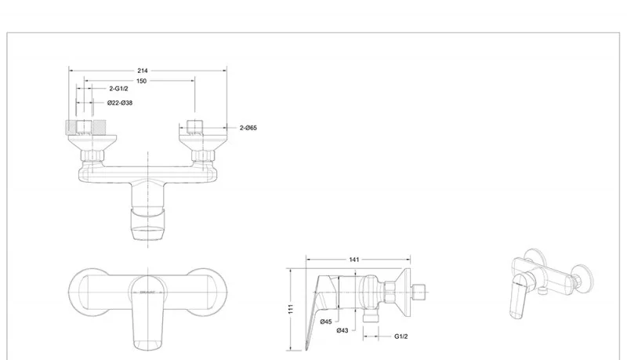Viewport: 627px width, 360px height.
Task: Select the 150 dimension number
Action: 141,81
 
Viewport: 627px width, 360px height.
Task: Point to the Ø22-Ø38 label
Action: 121,103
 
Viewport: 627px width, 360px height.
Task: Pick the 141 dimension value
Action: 357,259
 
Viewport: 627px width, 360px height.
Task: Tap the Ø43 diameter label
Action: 342,330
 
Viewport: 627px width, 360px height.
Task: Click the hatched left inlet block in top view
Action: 82,127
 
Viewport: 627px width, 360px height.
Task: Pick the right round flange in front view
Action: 208,290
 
